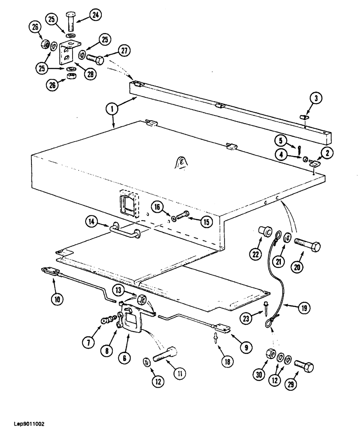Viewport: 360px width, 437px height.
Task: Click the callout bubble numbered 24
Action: click(95, 15)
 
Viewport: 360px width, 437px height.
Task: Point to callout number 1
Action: click(113, 108)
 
